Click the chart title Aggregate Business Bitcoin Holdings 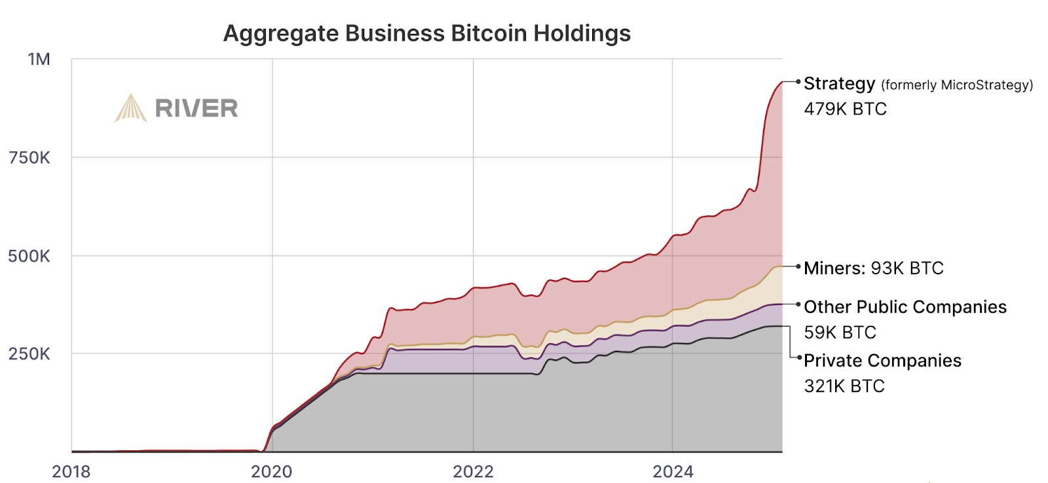426,33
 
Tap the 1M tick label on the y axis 39,60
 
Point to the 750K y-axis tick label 29,158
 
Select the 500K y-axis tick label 29,256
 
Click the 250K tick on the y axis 29,354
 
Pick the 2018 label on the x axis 71,471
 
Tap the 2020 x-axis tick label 272,471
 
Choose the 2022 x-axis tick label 473,471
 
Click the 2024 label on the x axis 673,471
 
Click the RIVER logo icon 130,108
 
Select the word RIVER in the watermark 196,109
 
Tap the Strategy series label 839,84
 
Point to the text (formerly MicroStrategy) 957,85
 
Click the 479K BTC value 845,109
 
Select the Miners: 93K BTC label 874,268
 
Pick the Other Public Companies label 905,307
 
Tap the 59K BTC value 840,332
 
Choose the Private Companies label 882,361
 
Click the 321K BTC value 844,386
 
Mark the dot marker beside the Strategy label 798,82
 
